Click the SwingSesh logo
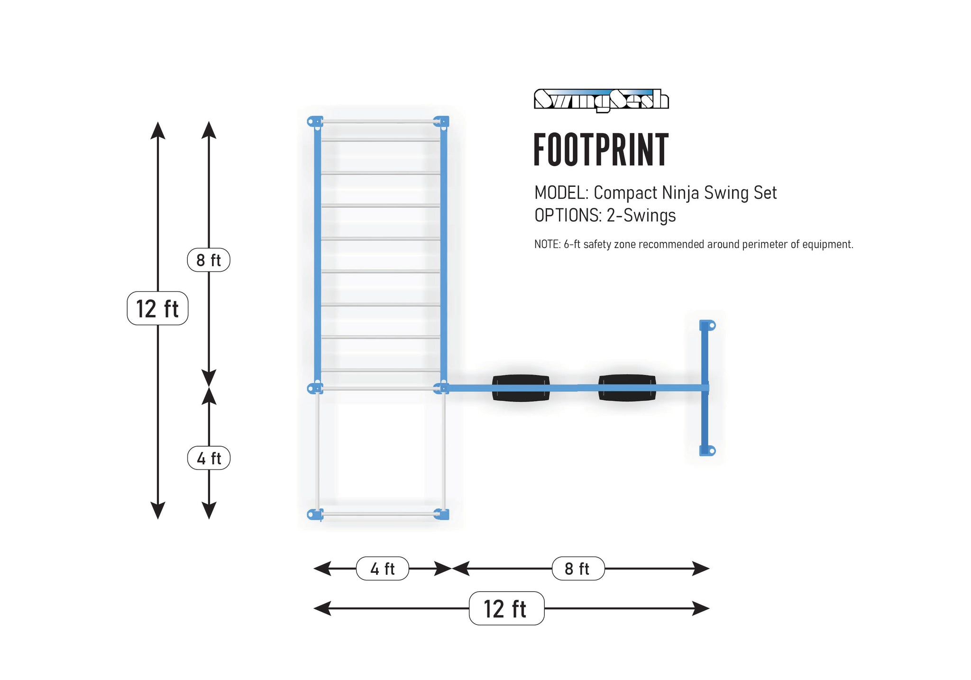coord(601,100)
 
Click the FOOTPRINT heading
coord(601,150)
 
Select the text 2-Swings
coord(641,216)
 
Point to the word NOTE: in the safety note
coord(547,244)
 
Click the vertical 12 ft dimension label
coord(157,308)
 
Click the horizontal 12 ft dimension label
coord(506,608)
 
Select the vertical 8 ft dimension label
coord(209,260)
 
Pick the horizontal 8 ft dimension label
coord(577,569)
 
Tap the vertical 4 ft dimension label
coord(209,458)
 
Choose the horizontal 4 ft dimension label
coord(382,569)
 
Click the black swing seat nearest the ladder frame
coord(521,388)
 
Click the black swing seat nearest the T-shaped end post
coord(627,388)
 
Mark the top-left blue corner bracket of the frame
coord(314,122)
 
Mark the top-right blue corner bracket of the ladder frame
coord(442,122)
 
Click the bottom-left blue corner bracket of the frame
coord(314,514)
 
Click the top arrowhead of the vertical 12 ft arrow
coord(158,130)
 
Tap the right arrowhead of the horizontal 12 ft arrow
coord(701,608)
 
